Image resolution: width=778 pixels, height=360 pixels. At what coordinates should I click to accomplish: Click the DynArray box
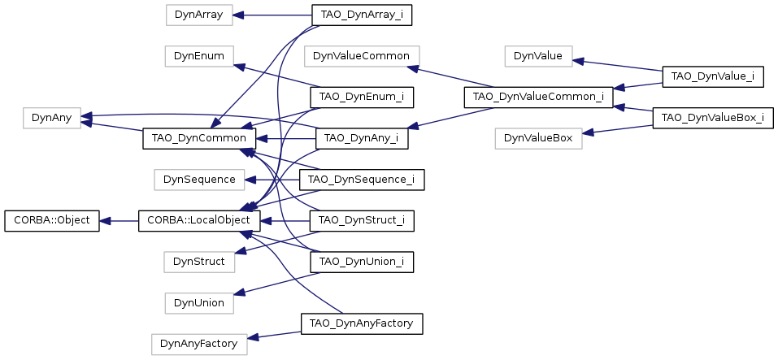pos(199,15)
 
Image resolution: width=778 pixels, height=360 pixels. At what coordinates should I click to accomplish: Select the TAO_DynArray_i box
pos(362,15)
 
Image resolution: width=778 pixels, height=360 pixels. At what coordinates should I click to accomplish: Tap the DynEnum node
pos(199,56)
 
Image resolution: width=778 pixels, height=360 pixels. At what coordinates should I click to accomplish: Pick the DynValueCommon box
pos(362,56)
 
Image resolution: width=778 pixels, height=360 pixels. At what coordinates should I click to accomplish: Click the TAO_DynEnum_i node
pos(362,97)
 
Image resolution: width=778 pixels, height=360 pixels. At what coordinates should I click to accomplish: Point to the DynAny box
pos(51,118)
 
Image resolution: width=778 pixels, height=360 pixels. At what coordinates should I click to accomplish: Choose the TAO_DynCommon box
pos(199,138)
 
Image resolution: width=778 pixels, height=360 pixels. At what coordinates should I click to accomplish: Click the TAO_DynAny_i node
pos(362,138)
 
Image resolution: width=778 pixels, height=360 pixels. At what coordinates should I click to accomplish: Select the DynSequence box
pos(199,179)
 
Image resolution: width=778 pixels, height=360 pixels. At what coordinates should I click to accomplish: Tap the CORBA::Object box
pos(51,220)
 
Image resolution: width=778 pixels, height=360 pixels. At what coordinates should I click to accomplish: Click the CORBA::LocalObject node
pos(199,220)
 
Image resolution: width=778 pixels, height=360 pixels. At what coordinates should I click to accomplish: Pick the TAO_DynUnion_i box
pos(362,262)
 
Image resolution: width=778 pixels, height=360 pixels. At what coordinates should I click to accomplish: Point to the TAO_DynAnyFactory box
pos(362,323)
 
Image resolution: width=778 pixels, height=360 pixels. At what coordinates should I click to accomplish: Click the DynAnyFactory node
pos(199,344)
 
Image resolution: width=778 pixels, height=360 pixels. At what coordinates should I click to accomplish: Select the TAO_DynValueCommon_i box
pos(538,98)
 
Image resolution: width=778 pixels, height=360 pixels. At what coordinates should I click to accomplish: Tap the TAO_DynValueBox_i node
pos(713,118)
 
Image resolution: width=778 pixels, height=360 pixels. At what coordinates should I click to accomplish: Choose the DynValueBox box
pos(538,138)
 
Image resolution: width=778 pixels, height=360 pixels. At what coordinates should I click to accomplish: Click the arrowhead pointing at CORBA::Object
pos(105,220)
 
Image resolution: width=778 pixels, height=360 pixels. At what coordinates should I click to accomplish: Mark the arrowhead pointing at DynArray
pos(237,15)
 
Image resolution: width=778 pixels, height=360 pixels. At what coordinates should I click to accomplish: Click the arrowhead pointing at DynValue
pos(578,62)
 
